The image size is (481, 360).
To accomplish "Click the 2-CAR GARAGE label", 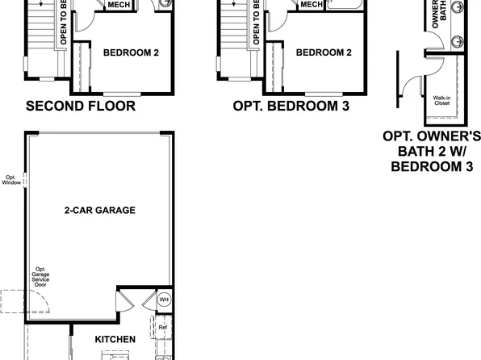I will [x=99, y=210].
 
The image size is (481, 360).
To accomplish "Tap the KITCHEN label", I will [x=115, y=339].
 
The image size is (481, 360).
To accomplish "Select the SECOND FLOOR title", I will [x=80, y=106].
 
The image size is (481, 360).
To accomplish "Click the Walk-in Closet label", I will [x=442, y=100].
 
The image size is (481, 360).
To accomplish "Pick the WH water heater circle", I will [x=163, y=299].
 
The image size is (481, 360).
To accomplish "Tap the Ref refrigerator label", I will [x=162, y=327].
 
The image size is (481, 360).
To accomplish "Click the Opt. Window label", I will [x=11, y=179].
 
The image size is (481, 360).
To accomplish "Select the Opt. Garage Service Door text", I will [x=40, y=278].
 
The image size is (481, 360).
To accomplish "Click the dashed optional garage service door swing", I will [x=11, y=303].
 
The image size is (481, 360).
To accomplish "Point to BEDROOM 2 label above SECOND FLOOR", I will [x=131, y=52].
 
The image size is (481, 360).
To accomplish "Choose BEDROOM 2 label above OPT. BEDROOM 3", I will [x=324, y=52].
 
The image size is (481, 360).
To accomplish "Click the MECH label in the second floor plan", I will [x=119, y=4].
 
